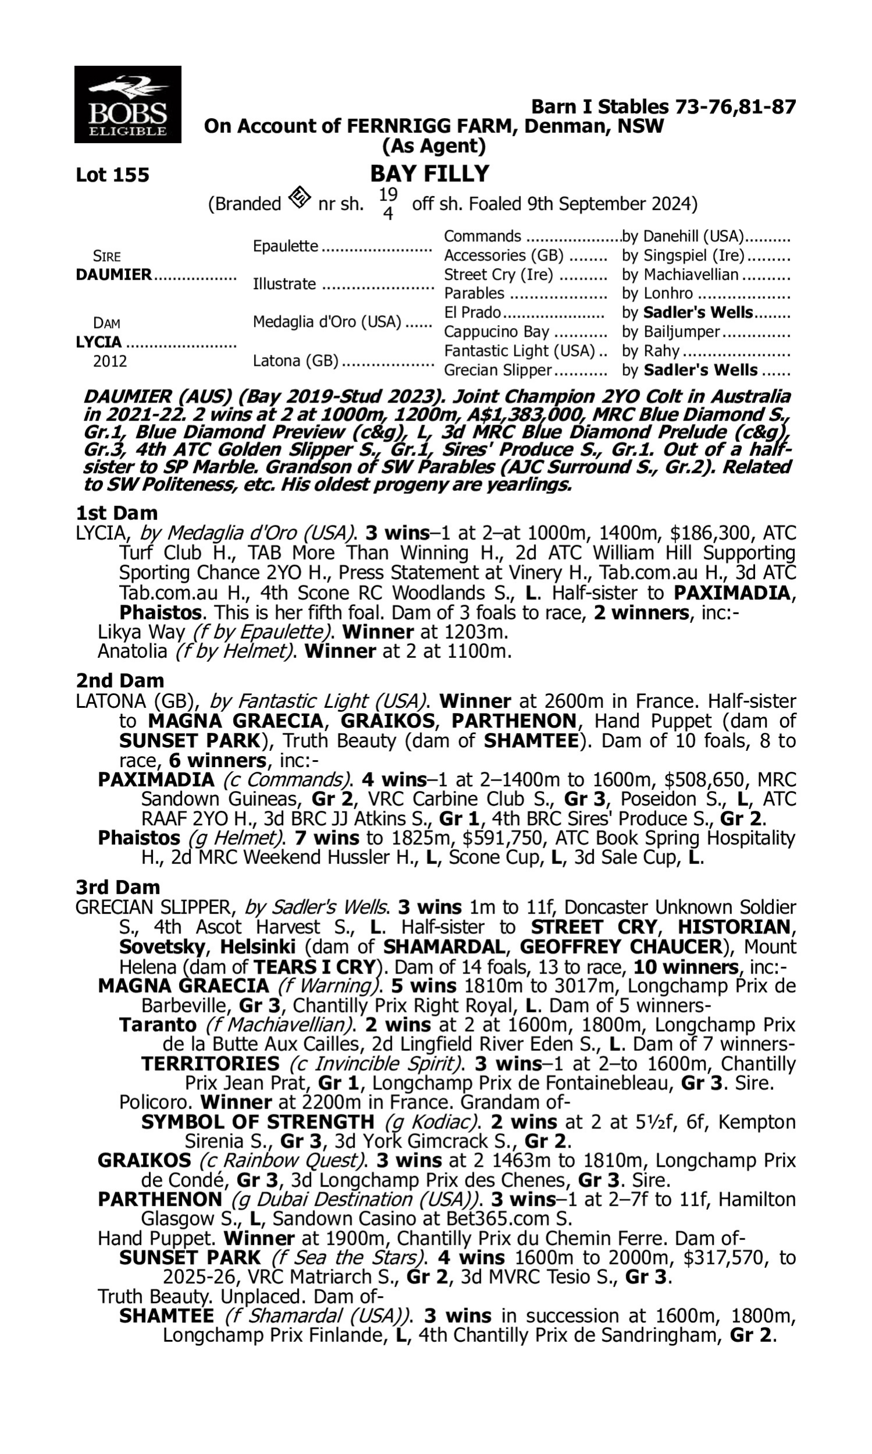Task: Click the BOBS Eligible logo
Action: (x=127, y=104)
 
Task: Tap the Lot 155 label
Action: (x=112, y=174)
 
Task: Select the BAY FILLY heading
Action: (x=430, y=173)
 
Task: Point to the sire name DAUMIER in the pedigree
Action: (x=114, y=275)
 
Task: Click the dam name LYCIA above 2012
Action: (x=99, y=341)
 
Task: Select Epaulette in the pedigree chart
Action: (x=285, y=246)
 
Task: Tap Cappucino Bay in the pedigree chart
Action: (x=496, y=332)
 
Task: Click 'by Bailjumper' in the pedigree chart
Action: (x=670, y=332)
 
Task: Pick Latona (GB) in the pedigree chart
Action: (x=295, y=360)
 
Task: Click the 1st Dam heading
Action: (x=116, y=513)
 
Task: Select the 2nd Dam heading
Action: (x=120, y=680)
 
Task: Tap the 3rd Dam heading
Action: (x=118, y=887)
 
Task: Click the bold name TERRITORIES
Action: (x=210, y=1064)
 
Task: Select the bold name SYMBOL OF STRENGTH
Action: (x=258, y=1122)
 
